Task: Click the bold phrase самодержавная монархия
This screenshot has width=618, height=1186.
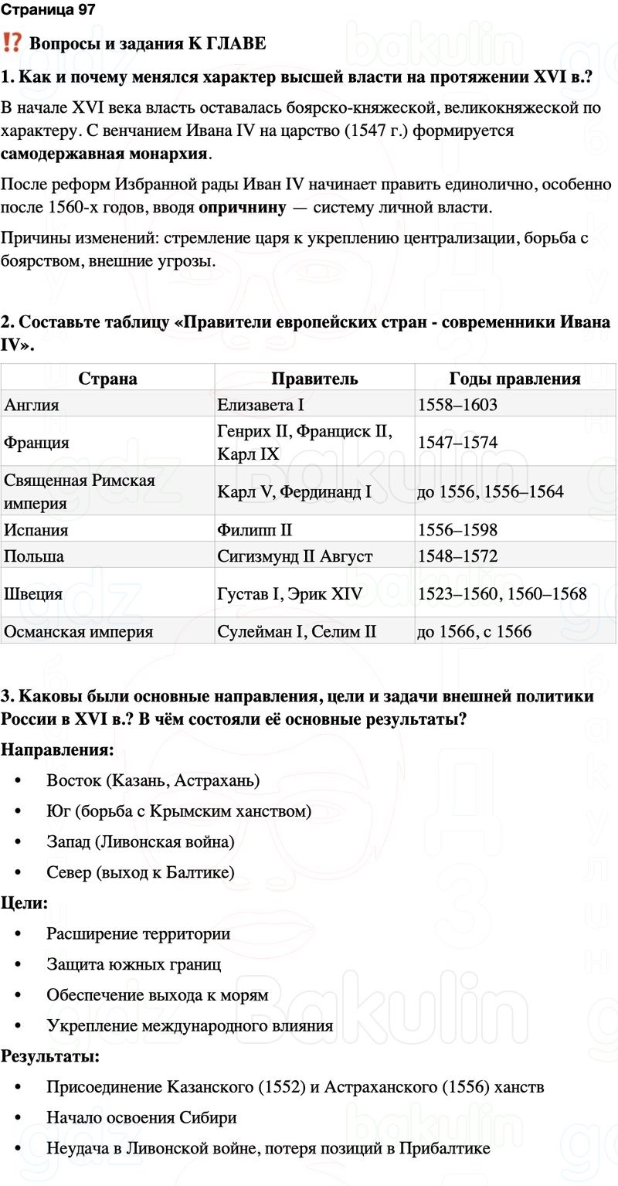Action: pos(104,153)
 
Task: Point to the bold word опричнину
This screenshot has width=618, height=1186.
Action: pos(241,207)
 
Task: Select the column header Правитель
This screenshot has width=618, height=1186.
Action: pos(314,379)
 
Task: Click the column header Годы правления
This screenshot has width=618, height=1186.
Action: pos(514,379)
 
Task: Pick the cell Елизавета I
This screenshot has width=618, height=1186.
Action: pos(261,404)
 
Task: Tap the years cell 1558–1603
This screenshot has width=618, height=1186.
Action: pos(457,404)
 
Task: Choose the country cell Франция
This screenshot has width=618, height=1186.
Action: pos(36,443)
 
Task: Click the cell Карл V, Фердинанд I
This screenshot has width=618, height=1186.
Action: pos(294,491)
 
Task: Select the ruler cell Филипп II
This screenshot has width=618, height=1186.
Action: pos(255,530)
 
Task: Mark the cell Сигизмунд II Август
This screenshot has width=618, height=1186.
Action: pos(295,556)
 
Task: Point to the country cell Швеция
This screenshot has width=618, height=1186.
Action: pos(33,593)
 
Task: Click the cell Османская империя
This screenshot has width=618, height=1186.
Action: pos(79,632)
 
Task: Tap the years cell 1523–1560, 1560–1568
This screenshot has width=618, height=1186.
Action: pos(502,593)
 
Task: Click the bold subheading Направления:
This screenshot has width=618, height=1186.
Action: pos(58,749)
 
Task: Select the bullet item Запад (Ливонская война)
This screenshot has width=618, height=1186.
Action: pos(140,841)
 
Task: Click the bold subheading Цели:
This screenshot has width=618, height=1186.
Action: pos(25,902)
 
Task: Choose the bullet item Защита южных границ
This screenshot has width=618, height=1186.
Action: pos(134,964)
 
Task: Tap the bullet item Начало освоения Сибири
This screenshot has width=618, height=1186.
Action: pos(141,1117)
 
